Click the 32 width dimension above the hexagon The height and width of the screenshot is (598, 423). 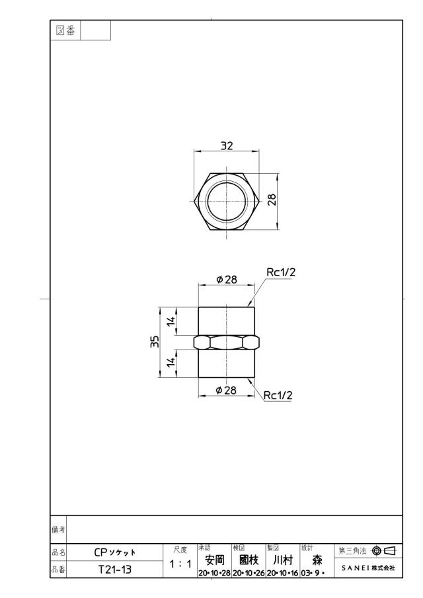tap(227, 145)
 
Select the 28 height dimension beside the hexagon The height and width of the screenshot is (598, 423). tap(272, 200)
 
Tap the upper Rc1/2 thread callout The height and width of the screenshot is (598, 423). tap(281, 272)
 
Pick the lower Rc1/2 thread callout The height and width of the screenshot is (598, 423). tap(278, 396)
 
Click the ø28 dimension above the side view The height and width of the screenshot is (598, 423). tap(227, 280)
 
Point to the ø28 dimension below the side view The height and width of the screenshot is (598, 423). tap(226, 390)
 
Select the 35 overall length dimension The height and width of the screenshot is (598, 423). tap(155, 342)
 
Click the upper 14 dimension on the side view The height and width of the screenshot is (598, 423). tap(173, 320)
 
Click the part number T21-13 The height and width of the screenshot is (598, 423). tap(115, 570)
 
